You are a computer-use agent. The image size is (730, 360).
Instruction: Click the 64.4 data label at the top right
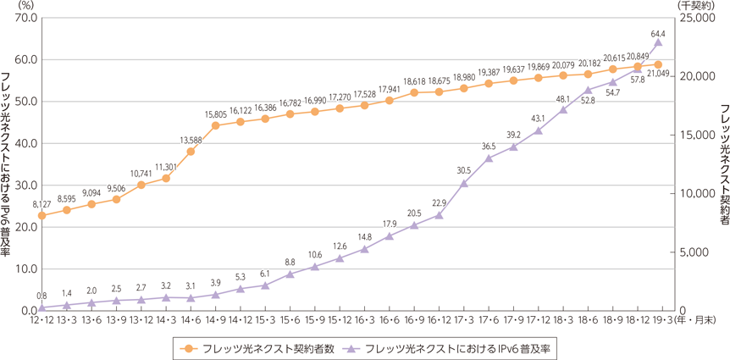pyautogui.click(x=657, y=30)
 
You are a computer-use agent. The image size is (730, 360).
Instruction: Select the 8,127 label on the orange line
pyautogui.click(x=41, y=203)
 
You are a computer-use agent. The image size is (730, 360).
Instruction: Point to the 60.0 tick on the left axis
pyautogui.click(x=26, y=59)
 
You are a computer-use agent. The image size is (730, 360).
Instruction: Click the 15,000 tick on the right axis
pyautogui.click(x=700, y=135)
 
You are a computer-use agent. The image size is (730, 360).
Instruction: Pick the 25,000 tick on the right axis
pyautogui.click(x=700, y=17)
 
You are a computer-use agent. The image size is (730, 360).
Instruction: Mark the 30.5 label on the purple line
pyautogui.click(x=463, y=171)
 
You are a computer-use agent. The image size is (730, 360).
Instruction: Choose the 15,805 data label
pyautogui.click(x=216, y=114)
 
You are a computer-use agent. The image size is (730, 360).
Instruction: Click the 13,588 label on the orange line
pyautogui.click(x=191, y=140)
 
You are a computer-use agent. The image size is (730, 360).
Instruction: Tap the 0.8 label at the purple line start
pyautogui.click(x=41, y=296)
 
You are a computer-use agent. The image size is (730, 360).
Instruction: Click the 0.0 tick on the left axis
pyautogui.click(x=28, y=311)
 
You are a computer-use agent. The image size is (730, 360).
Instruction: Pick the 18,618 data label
pyautogui.click(x=414, y=80)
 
